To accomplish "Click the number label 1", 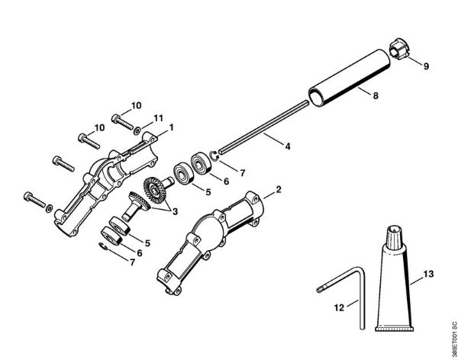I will [172, 127].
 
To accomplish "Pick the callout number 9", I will [425, 66].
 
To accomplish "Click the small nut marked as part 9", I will [399, 50].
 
